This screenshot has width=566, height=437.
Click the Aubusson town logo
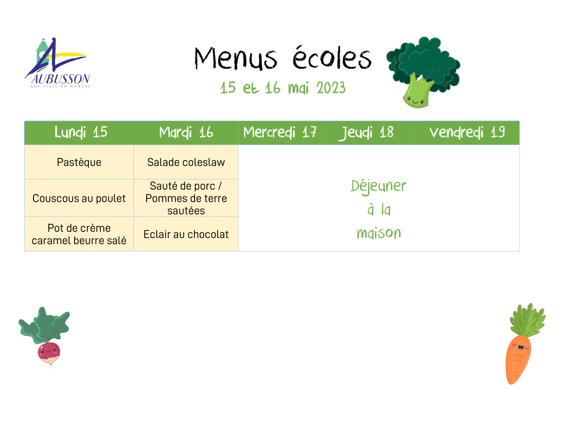58,63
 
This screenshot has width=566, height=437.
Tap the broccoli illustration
423,72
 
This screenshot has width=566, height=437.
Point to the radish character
45,337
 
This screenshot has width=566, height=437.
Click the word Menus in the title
236,58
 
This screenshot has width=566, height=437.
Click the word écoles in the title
332,58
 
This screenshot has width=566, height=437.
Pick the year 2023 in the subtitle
331,88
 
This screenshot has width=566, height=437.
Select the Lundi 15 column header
81,132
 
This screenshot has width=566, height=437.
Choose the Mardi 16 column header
186,133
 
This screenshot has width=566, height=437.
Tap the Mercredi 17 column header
280,133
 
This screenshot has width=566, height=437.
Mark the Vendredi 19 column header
467,133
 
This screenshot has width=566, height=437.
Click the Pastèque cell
79,162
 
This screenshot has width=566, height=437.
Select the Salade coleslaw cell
186,162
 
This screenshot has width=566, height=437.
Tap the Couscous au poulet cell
79,198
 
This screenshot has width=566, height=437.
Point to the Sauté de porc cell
186,198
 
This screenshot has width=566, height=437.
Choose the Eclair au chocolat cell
186,234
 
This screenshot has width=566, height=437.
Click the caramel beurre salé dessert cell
79,234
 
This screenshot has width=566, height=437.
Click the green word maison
379,233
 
